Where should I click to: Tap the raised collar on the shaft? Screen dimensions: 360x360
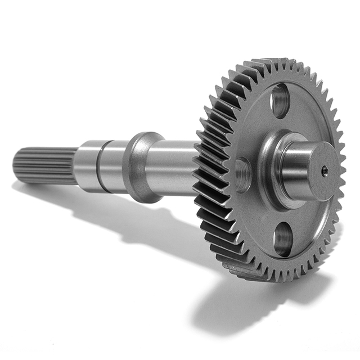pyautogui.click(x=138, y=167)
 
